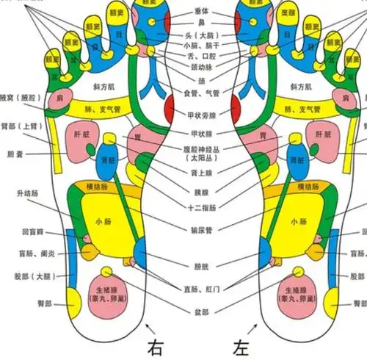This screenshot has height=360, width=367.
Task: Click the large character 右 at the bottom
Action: (156, 346)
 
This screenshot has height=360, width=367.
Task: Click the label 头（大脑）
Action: (199, 35)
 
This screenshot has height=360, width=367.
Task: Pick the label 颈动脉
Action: (199, 65)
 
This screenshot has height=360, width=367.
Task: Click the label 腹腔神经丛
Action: (199, 148)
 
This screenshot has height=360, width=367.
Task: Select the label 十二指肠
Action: (199, 207)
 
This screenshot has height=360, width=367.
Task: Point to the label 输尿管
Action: (199, 230)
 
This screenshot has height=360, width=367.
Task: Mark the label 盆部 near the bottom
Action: (199, 311)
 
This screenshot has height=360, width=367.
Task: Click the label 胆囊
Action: (15, 154)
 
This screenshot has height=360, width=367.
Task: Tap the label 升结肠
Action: (26, 193)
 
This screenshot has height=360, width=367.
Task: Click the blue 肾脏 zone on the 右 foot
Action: (107, 164)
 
